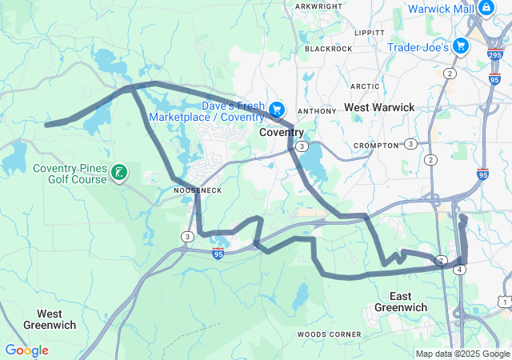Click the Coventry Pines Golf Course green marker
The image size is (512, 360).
[x=118, y=173]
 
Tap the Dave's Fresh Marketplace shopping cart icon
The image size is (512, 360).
[x=277, y=109]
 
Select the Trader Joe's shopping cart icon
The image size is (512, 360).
[x=460, y=46]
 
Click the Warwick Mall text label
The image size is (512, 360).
[x=441, y=9]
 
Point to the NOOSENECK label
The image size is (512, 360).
[x=198, y=190]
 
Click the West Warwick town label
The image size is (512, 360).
[x=379, y=106]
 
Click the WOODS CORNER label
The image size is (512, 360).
[x=329, y=334]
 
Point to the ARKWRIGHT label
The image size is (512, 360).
[x=318, y=6]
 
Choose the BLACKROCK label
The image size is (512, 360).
[x=328, y=48]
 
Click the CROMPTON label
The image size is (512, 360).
[x=375, y=145]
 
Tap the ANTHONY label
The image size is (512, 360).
[x=311, y=111]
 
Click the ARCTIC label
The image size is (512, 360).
[x=365, y=86]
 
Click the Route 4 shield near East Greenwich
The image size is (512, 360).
[x=459, y=270]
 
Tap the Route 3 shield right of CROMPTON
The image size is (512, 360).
[x=410, y=144]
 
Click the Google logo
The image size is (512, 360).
[x=26, y=350]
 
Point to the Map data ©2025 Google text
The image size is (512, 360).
[x=462, y=354]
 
